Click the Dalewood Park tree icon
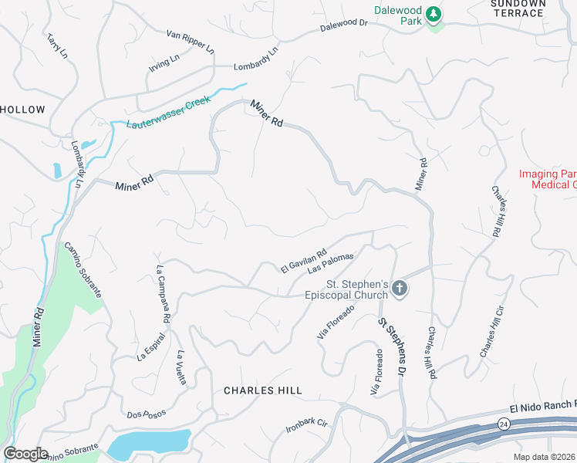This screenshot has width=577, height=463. click(x=434, y=14)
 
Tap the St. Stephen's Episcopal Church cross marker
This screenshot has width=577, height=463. click(x=399, y=289)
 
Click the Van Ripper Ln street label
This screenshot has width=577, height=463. click(x=190, y=40)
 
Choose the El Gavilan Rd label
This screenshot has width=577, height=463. click(x=304, y=260)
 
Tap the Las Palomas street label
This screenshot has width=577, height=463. click(x=330, y=263)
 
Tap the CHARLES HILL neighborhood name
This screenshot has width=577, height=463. click(x=262, y=390)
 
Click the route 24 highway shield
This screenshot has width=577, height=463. click(x=503, y=424)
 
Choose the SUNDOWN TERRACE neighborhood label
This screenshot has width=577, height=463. click(x=518, y=8)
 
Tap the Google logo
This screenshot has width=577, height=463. click(x=25, y=454)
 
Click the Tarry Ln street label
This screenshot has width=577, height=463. click(x=57, y=47)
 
